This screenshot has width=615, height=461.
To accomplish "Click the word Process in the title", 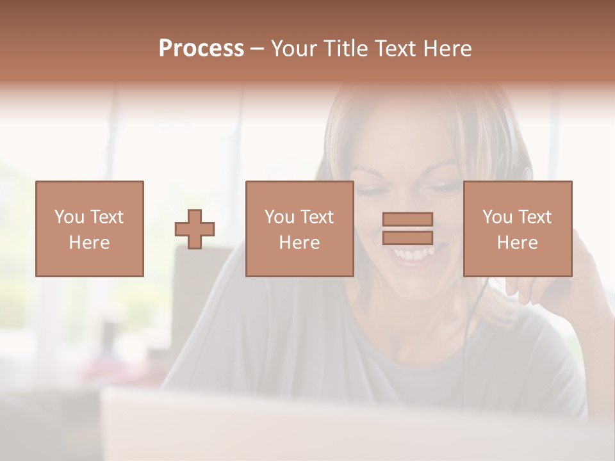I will point(201,49).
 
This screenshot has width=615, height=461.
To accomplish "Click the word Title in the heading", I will point(347,49).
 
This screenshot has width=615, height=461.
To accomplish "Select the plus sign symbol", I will point(195,229).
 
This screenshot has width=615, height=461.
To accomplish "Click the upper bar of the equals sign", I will point(407,220).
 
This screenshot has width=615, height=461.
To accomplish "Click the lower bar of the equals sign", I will point(407,238).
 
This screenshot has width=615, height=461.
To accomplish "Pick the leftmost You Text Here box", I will point(90,229).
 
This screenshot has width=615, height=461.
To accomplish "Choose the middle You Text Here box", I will point(299,229).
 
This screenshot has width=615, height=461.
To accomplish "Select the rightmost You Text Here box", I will point(518,229).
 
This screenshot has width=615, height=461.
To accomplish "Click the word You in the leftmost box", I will point(69,217).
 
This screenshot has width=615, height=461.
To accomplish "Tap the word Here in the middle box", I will point(299,243).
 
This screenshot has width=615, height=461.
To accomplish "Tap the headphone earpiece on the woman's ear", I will point(527,172).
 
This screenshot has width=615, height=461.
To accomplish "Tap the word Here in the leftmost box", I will point(89,243).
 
